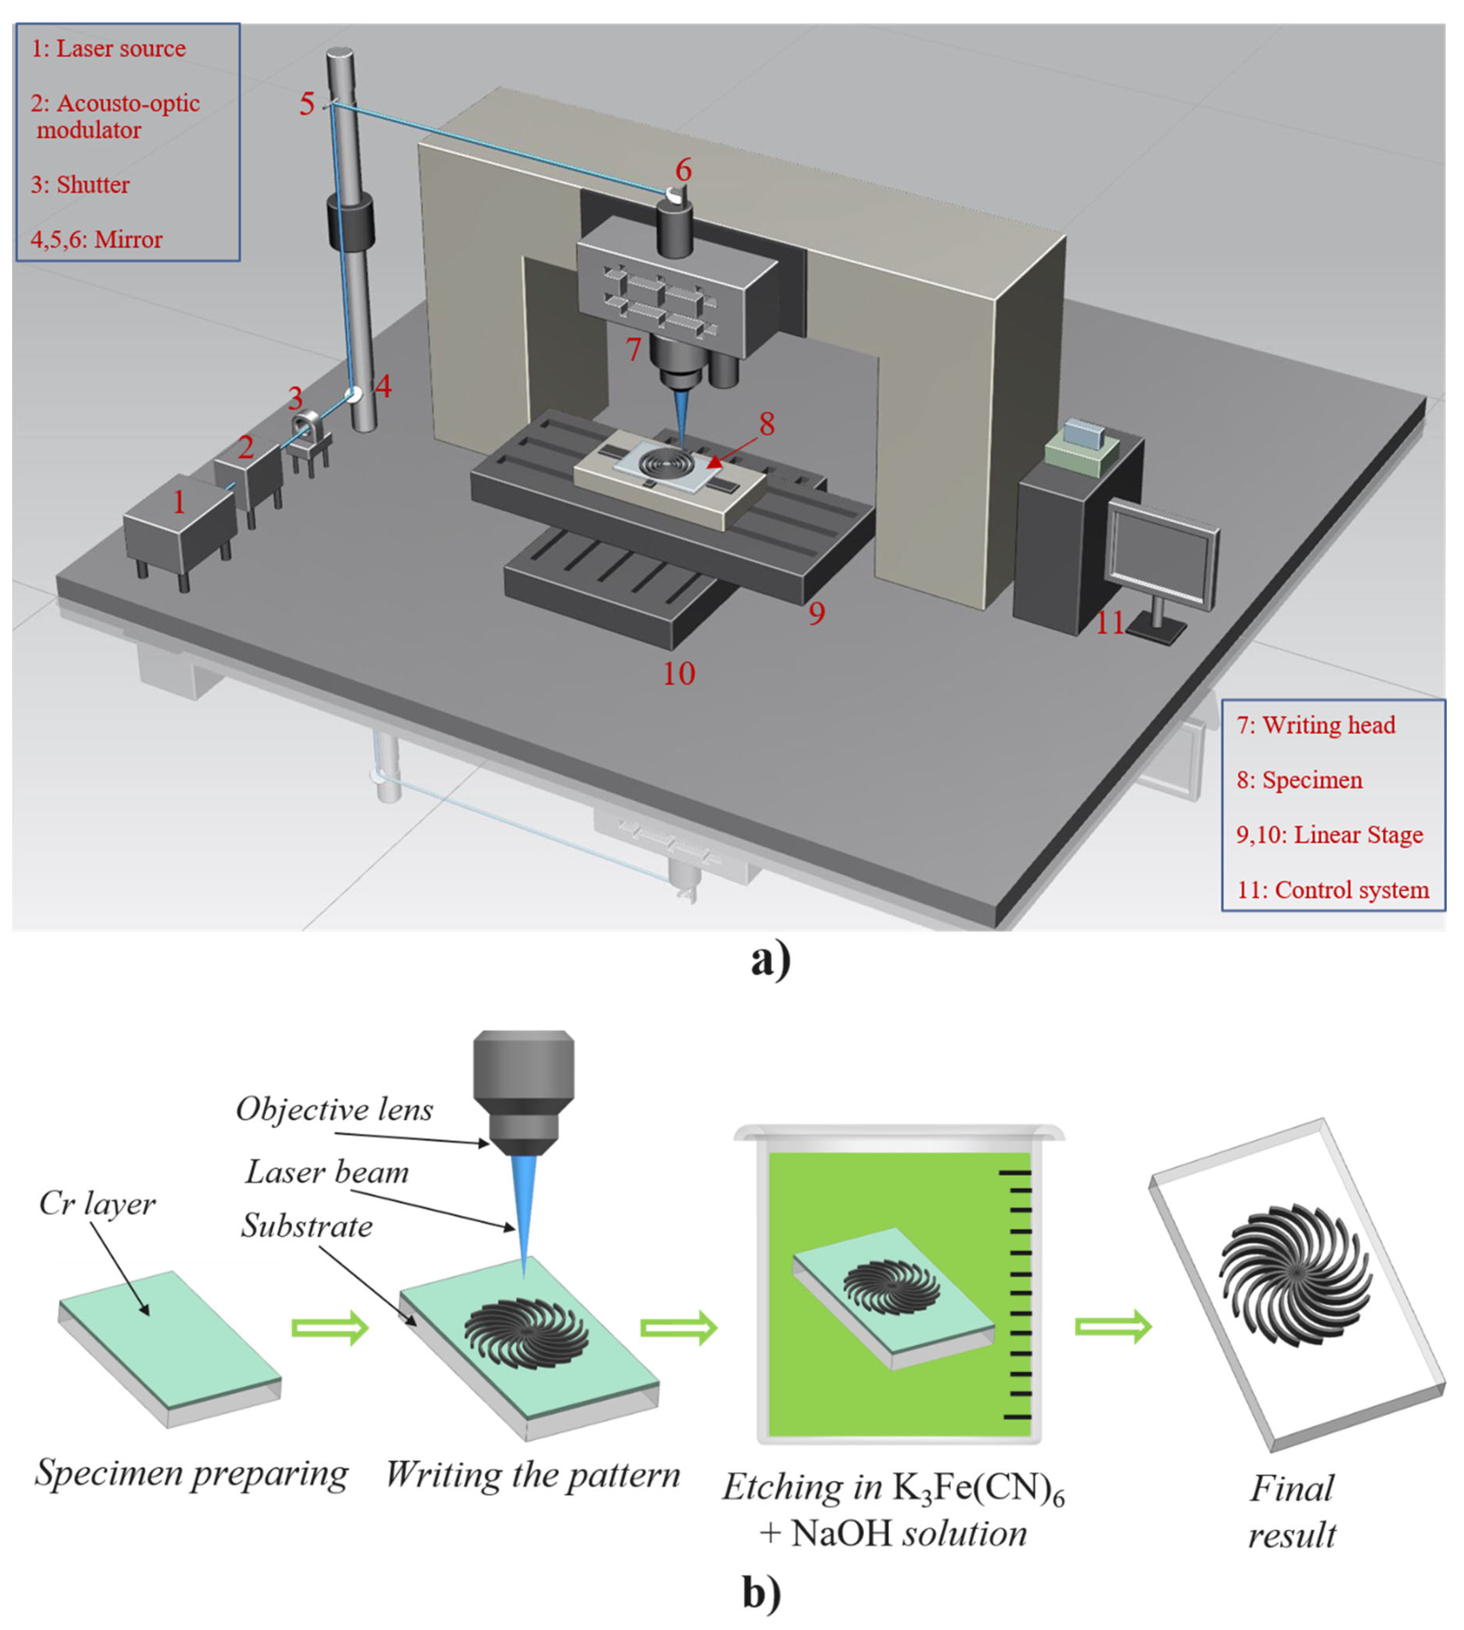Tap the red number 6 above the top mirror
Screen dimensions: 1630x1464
(683, 169)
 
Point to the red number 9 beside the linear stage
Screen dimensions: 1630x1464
(817, 613)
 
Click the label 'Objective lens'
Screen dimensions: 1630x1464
(334, 1110)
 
